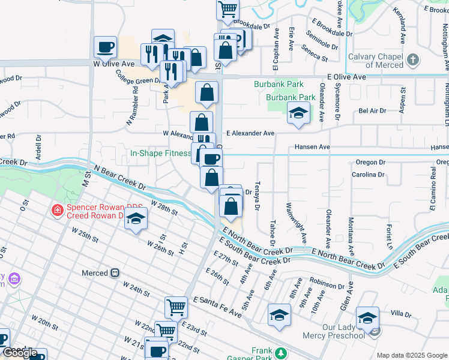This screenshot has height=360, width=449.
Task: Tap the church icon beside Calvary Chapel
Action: (x=412, y=60)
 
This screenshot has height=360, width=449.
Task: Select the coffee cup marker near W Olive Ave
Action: (x=105, y=47)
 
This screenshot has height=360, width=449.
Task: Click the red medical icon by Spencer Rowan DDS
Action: (x=56, y=211)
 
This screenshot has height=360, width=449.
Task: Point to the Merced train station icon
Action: (x=115, y=273)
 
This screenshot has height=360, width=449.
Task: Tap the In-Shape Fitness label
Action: (x=160, y=153)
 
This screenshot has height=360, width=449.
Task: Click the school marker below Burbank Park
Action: (x=298, y=113)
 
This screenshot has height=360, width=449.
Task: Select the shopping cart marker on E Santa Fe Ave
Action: (x=176, y=307)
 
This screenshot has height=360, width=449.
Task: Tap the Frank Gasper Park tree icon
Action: (x=280, y=352)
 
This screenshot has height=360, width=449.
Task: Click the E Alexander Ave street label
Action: (x=250, y=134)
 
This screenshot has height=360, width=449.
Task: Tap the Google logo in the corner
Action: (x=21, y=353)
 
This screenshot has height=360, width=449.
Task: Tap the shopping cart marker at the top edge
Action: (x=228, y=8)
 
